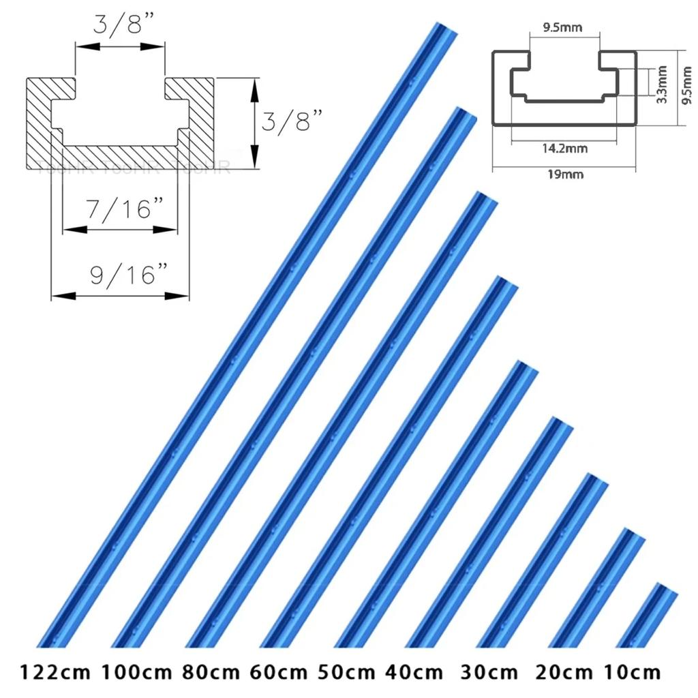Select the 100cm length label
[x=137, y=673]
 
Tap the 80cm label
[x=212, y=673]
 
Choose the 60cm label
[x=279, y=673]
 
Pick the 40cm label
[x=414, y=673]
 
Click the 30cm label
[x=489, y=673]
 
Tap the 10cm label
[x=632, y=673]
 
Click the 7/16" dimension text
[x=120, y=209]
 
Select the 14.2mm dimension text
[x=565, y=148]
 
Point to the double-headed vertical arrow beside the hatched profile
[x=254, y=123]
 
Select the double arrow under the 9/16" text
[x=120, y=296]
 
